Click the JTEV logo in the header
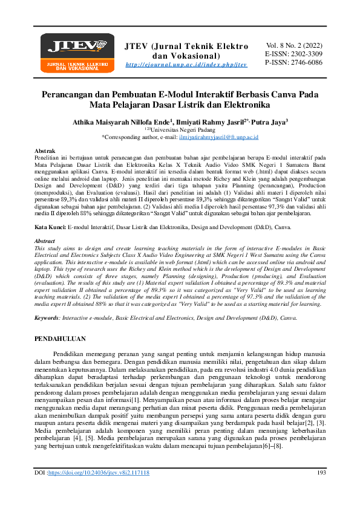click(77, 53)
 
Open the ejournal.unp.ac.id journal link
click(186, 65)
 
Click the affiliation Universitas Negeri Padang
click(181, 129)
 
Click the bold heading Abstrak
click(46, 150)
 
